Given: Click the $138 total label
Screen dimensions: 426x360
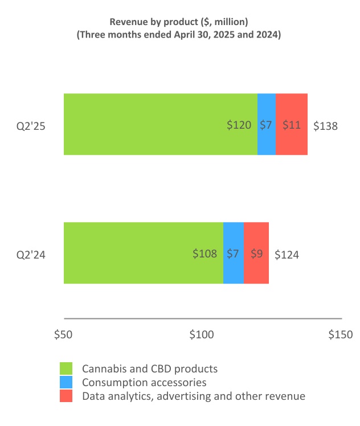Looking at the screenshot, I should tap(326, 126).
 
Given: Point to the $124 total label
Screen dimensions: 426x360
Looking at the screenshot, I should tap(287, 255).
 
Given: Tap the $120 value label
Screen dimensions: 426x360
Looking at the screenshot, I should tap(239, 125).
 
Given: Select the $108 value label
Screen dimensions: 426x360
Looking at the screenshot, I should tap(204, 254).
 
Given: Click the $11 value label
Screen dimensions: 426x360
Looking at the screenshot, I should tap(292, 125).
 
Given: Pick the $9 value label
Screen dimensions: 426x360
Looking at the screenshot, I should tap(256, 254).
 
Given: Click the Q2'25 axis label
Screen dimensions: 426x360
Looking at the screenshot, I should tap(31, 126).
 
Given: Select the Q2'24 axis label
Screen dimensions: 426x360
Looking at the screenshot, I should tap(31, 255).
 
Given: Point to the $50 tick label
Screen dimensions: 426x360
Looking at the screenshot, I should tap(63, 334).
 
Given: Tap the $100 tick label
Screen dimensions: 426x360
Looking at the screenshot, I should tap(202, 334).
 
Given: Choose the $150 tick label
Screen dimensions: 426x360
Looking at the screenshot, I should tap(341, 334).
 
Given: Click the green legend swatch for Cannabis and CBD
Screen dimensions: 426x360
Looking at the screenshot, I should tap(67, 368).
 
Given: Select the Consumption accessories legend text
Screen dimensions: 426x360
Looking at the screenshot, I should tap(144, 382).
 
